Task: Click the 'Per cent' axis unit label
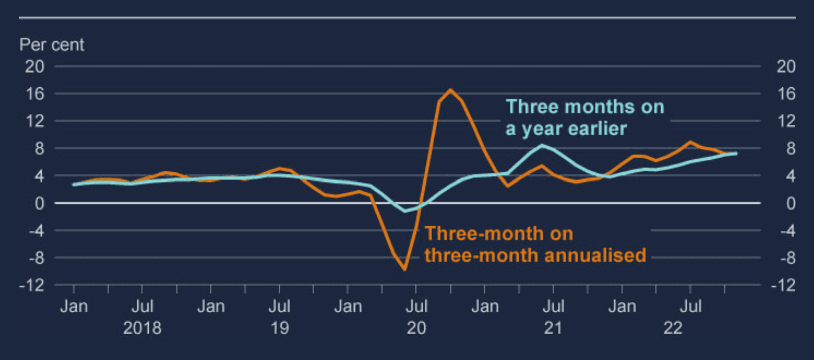pos(52,45)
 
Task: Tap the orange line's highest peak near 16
pos(450,90)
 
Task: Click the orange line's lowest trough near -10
pos(405,269)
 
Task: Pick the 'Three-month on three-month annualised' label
pos(535,244)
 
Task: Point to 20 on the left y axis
pos(34,66)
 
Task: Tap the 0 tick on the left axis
pos(39,203)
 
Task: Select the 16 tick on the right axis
pos(786,94)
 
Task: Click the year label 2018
pos(142,328)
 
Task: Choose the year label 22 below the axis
pos(673,328)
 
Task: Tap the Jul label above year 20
pos(416,306)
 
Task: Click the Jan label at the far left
pos(74,306)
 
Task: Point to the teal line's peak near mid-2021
pos(542,145)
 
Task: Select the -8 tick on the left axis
pos(36,258)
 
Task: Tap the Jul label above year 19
pos(279,306)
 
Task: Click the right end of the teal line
pos(736,154)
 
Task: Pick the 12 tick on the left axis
pos(35,121)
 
